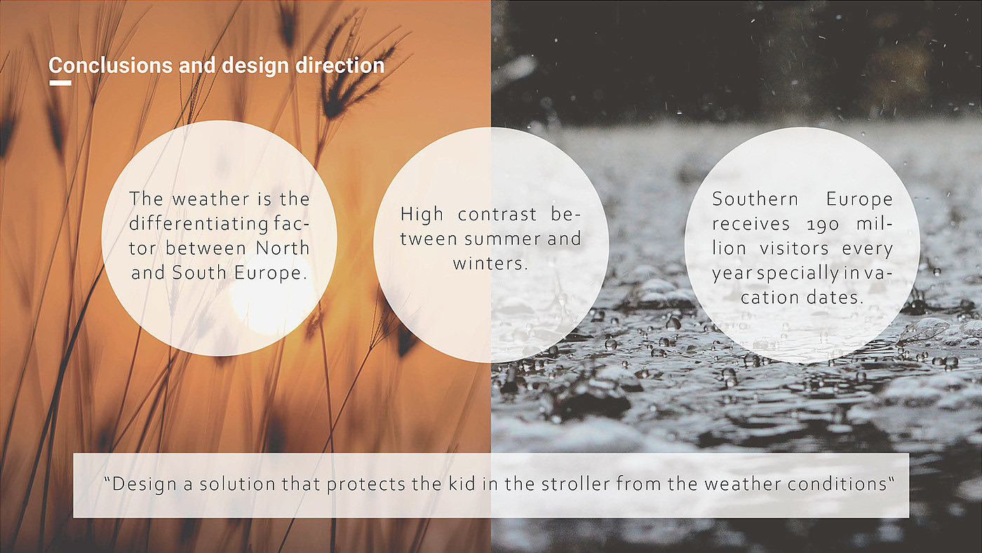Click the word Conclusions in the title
click(x=111, y=65)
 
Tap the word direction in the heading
click(x=339, y=65)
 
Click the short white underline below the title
click(x=60, y=83)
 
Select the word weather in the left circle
click(x=210, y=199)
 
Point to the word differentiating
click(x=199, y=224)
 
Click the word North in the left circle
click(x=283, y=248)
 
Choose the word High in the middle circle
click(x=422, y=215)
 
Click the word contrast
click(x=497, y=215)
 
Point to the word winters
click(x=490, y=264)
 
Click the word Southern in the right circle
click(x=755, y=199)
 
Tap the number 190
click(x=823, y=225)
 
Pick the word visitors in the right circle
click(x=794, y=248)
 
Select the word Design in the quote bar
click(x=144, y=485)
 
